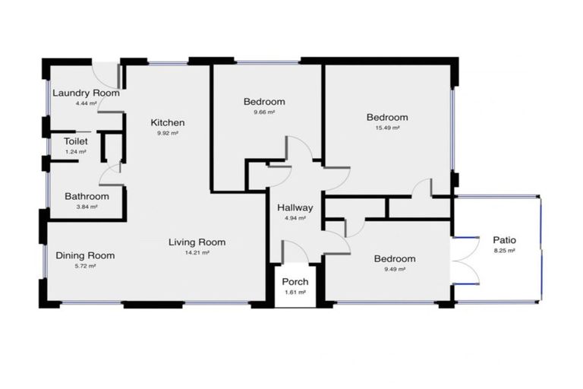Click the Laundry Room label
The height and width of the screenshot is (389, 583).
[x=86, y=93]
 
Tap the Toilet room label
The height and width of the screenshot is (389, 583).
[x=75, y=141]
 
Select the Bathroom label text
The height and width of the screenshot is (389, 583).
[x=86, y=196]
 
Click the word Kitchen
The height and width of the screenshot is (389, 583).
[x=167, y=122]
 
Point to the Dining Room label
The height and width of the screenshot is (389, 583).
[x=85, y=255]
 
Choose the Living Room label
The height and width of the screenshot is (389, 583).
[x=197, y=242]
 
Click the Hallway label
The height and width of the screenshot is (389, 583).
[x=295, y=207]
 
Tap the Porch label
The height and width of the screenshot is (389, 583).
[x=295, y=282]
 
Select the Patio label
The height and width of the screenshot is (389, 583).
[x=504, y=240]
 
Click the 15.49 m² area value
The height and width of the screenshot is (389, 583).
[x=387, y=128]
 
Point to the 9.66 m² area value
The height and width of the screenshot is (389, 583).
[x=263, y=112]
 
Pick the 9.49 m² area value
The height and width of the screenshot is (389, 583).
[x=394, y=269]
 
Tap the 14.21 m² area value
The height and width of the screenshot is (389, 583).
[x=197, y=253]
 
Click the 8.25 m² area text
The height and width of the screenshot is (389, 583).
[x=504, y=250]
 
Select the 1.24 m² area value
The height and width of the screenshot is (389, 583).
[x=75, y=152]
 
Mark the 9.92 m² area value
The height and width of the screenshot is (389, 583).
[x=167, y=133]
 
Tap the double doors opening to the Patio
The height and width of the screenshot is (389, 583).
[x=462, y=262]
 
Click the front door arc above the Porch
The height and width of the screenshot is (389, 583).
[x=293, y=251]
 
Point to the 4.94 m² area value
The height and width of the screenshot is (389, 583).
[x=295, y=218]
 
